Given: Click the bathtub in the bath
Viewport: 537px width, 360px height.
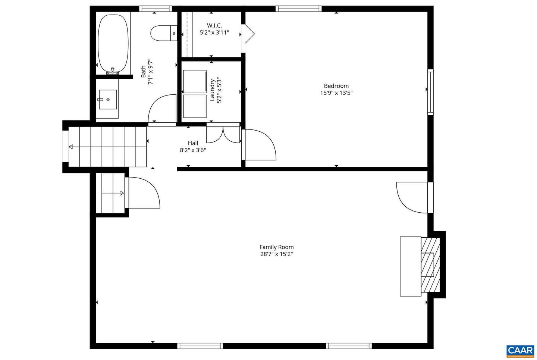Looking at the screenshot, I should click(113, 44).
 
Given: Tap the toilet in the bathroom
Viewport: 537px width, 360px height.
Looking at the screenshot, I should click(163, 33).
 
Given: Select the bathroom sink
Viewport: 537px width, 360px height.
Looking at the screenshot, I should click(108, 100).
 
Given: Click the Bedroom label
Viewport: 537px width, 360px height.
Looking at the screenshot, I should click(336, 86).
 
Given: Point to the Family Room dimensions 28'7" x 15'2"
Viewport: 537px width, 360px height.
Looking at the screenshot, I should click(276, 254).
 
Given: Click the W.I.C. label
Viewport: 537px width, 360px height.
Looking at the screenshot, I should click(214, 25).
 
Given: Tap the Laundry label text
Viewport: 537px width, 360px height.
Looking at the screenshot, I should click(212, 90).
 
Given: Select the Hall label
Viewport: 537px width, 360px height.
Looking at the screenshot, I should click(193, 143).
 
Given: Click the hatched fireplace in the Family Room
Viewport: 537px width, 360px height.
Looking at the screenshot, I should click(430, 264).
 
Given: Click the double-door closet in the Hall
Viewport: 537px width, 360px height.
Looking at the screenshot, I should click(223, 135).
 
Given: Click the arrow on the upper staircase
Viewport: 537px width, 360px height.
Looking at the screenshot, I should click(71, 147).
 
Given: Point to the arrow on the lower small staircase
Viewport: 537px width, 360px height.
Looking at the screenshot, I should click(121, 193).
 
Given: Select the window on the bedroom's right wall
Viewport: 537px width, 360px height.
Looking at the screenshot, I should click(430, 92).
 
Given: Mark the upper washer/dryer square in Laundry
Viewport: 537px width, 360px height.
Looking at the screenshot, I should click(195, 81).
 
